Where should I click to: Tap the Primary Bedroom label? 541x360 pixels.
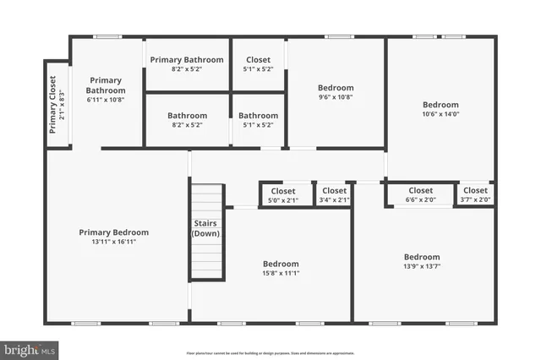coord(114,232)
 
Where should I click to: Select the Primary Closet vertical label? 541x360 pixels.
coord(52,105)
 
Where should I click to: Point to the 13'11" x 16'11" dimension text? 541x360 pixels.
coord(114,242)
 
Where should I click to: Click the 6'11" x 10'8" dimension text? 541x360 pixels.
coord(106,100)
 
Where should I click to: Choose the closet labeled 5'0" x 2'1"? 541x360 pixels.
coord(284,195)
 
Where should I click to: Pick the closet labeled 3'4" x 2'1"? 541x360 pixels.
coord(334,195)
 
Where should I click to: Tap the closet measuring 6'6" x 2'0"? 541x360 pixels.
coord(420,195)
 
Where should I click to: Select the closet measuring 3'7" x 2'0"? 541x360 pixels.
coord(475,195)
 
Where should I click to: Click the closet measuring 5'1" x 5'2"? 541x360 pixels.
coord(259,63)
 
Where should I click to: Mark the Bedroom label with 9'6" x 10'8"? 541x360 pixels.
coord(336,87)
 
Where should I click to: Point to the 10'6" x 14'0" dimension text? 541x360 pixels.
coord(440,114)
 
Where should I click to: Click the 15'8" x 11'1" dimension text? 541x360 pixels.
coord(281,273)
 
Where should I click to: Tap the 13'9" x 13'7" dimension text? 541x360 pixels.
coord(421,266)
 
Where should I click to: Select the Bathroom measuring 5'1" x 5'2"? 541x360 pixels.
coord(259,120)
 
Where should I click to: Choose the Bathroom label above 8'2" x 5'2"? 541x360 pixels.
coord(187,116)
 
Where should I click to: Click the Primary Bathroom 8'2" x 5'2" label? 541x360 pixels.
coord(187,63)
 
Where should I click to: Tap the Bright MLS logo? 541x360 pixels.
coord(30,348)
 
